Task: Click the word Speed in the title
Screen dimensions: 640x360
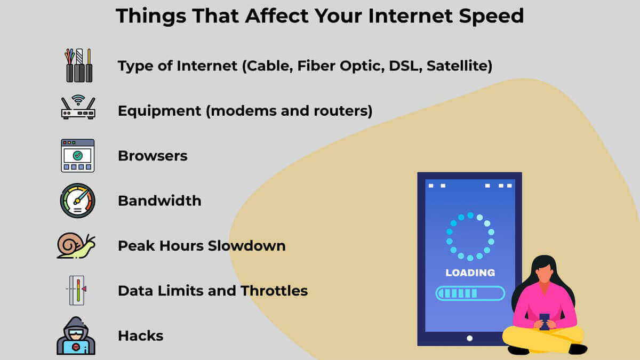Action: pos(491,17)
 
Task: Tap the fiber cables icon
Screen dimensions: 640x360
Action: pos(78,66)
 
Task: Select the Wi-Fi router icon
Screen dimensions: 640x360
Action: pos(78,107)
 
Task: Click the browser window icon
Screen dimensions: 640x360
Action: pos(77,156)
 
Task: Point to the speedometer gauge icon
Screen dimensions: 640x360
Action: pos(77,201)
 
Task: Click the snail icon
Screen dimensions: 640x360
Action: pos(76,246)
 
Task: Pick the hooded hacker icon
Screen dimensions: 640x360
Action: pos(76,335)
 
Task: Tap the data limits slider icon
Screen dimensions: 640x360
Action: pos(77,290)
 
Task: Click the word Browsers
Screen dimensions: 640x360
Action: pos(153,156)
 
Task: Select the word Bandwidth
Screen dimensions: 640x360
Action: pos(159,201)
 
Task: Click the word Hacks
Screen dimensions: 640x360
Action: pos(141,335)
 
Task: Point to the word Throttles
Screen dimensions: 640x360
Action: pos(274,291)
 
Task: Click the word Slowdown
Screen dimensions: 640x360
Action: pos(246,246)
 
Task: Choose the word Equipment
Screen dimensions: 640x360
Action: pos(159,111)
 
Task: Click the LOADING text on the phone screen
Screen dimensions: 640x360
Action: pos(470,273)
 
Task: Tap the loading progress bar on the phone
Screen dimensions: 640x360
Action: pos(470,293)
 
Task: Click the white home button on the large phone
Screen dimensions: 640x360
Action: pos(469,338)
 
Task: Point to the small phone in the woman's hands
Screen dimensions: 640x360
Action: pos(545,322)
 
